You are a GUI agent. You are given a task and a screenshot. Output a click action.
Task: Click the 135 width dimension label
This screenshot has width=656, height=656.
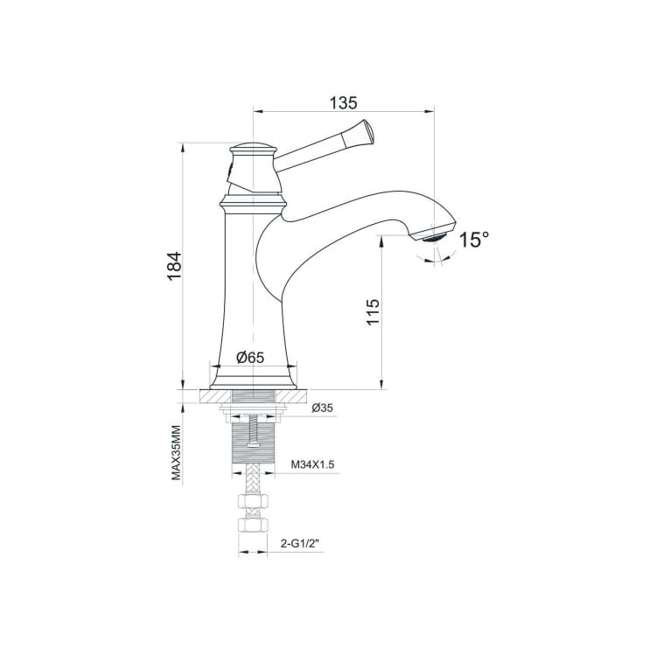tap(343, 102)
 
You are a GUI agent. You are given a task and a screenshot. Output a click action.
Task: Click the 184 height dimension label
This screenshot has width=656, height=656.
tap(174, 267)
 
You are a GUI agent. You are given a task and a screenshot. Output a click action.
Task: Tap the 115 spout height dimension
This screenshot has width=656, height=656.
tap(373, 311)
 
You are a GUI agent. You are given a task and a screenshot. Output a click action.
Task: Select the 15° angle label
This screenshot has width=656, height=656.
tap(473, 240)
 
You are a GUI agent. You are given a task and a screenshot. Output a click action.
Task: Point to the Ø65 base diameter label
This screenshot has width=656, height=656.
tap(250, 357)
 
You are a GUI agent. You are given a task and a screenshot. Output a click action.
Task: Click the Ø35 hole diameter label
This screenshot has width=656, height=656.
tap(322, 408)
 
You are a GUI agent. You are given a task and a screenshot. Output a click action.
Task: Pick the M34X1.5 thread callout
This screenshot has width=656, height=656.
tap(312, 464)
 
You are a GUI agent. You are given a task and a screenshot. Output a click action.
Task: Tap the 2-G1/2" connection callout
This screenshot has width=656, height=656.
tap(299, 543)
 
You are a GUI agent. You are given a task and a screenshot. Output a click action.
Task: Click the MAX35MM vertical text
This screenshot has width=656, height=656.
tap(176, 453)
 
